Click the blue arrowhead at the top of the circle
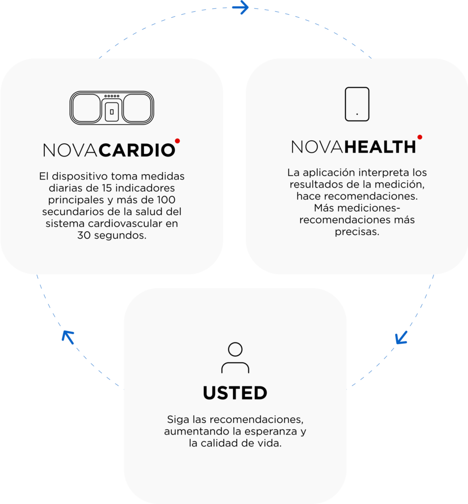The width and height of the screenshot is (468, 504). [x=240, y=7]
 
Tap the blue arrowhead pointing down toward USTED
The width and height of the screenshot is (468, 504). [x=401, y=338]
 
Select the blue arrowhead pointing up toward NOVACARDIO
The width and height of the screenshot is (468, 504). [x=68, y=337]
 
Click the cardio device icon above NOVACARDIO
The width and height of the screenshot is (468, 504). [x=112, y=108]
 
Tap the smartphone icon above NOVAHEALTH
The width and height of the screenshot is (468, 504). [x=357, y=104]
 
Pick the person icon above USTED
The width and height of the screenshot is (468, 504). [x=235, y=357]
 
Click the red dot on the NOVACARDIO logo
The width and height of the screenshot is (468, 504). [x=177, y=141]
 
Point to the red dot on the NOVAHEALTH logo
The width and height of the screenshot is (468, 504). [x=420, y=137]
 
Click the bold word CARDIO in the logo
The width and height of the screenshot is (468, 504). [x=136, y=150]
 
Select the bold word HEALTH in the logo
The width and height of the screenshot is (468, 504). [x=380, y=147]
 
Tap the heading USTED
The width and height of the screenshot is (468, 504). [x=235, y=393]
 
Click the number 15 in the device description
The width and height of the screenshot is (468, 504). [x=107, y=188]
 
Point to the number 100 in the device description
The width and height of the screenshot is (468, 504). [x=166, y=200]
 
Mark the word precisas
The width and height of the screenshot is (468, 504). [x=357, y=232]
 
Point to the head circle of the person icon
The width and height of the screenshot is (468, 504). [x=235, y=349]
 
